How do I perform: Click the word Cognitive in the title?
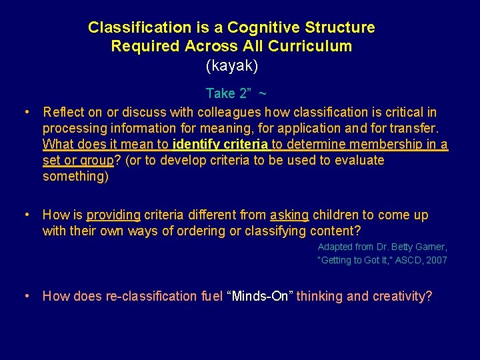pyautogui.click(x=262, y=28)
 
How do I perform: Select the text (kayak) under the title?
pyautogui.click(x=232, y=66)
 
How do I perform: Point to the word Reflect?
pyautogui.click(x=64, y=112)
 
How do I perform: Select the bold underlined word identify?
pyautogui.click(x=197, y=144)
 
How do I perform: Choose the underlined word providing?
pyautogui.click(x=113, y=215)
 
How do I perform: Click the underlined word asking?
pyautogui.click(x=289, y=215)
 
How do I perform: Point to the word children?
pyautogui.click(x=335, y=215)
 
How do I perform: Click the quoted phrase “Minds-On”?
pyautogui.click(x=260, y=296)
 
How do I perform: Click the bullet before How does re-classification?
pyautogui.click(x=25, y=296)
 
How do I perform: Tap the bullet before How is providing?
pyautogui.click(x=25, y=215)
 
